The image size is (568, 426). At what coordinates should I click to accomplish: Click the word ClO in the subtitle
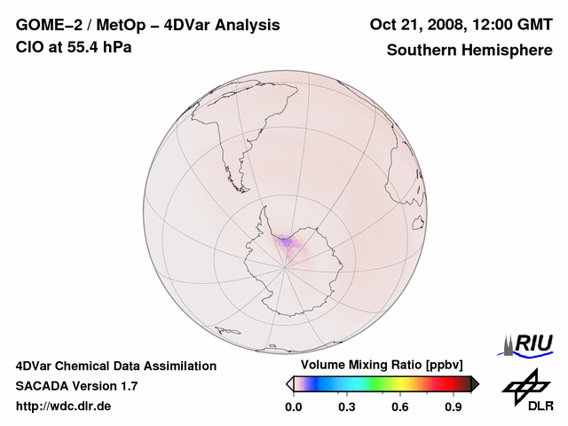(29, 47)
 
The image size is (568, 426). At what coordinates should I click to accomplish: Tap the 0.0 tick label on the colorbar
(293, 407)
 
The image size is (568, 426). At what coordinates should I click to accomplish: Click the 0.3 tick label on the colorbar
(347, 407)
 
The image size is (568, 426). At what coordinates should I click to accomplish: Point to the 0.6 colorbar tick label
(400, 407)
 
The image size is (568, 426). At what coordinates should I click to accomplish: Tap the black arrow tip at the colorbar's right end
(475, 383)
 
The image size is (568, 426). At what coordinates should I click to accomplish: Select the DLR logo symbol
(523, 384)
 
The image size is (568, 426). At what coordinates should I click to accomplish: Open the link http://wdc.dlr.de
(64, 407)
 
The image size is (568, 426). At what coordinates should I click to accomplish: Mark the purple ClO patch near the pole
(286, 241)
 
